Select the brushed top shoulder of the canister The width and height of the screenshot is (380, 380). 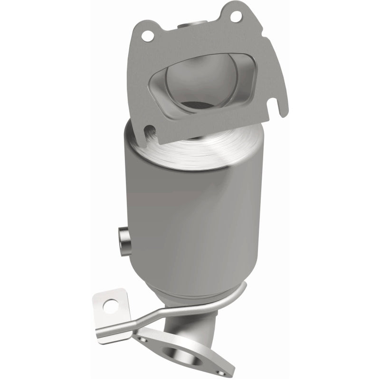click(x=199, y=142)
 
